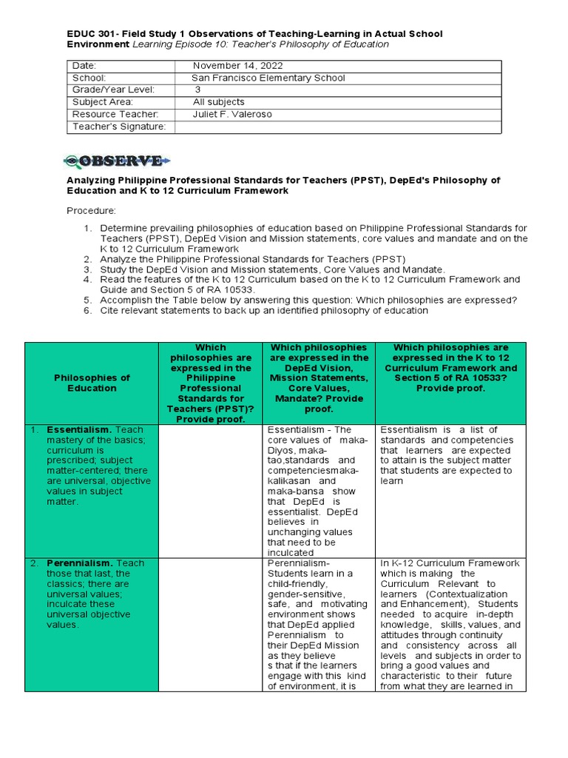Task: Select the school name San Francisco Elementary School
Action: [x=268, y=78]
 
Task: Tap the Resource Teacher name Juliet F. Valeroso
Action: [x=238, y=114]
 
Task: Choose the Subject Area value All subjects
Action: [x=218, y=102]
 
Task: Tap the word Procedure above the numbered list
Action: [x=91, y=211]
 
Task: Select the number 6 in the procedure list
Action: [x=87, y=311]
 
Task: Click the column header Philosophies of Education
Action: [x=92, y=383]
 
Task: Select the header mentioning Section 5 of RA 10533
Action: [x=450, y=368]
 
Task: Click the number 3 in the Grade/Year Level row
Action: [x=197, y=90]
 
